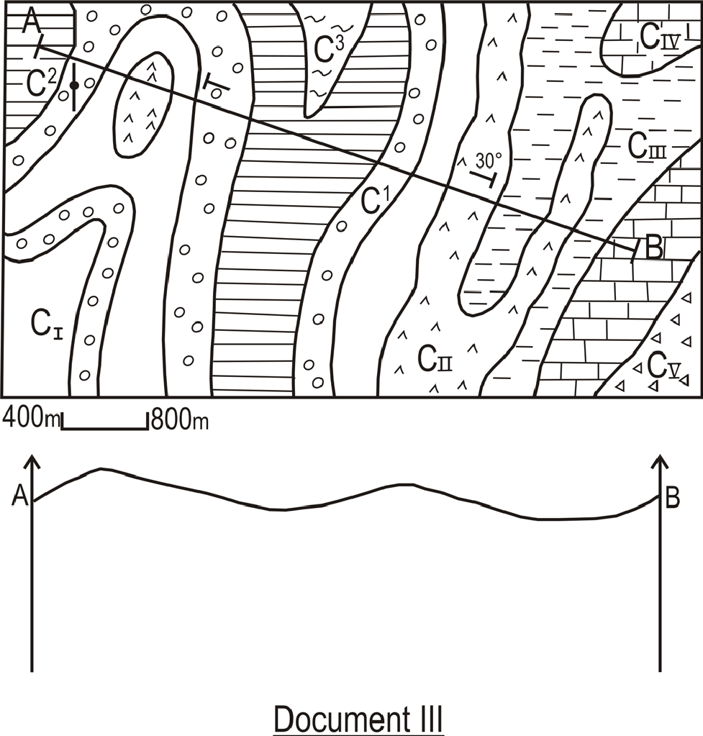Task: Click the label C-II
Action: coord(434,358)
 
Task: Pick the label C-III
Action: coord(645,147)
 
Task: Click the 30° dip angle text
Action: coord(488,159)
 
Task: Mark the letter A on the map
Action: coord(31,21)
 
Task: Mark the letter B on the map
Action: coord(653,248)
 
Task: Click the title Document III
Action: coord(358,719)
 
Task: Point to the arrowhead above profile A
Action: coord(32,460)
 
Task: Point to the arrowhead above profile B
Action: coord(660,460)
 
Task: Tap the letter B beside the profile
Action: coord(673,498)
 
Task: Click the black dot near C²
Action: coord(74,86)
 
